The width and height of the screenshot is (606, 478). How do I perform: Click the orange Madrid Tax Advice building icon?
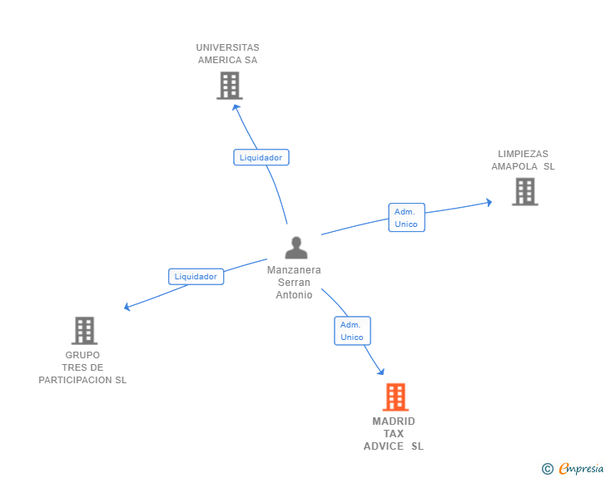(x=395, y=397)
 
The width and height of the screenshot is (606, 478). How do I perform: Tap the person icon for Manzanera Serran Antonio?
(x=296, y=248)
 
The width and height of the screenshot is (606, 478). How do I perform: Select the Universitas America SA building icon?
(x=230, y=86)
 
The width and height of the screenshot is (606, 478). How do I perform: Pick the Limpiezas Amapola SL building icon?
(x=524, y=192)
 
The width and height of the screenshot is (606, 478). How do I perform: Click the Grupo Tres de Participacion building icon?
(x=84, y=331)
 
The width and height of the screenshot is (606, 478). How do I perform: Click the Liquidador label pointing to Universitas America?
(x=261, y=157)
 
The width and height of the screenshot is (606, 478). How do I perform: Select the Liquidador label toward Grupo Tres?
(x=196, y=277)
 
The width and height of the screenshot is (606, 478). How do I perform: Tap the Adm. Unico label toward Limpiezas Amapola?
(x=406, y=217)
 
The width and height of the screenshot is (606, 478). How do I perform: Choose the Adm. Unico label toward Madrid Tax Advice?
(x=352, y=331)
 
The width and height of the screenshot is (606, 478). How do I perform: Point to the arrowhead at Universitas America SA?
(x=236, y=107)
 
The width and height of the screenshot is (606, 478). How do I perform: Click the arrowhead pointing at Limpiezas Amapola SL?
(x=489, y=202)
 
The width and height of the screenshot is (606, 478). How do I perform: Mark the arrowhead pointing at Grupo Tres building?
(x=127, y=307)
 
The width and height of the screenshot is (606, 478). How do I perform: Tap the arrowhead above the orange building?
(x=381, y=372)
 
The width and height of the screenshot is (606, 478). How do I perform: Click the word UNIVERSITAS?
(x=227, y=47)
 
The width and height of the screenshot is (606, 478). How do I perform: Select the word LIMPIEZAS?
(x=523, y=154)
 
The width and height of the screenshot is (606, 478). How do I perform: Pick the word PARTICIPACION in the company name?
(x=76, y=380)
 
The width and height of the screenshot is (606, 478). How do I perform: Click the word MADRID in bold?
(x=394, y=421)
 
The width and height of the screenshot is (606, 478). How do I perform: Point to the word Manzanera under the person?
(x=294, y=270)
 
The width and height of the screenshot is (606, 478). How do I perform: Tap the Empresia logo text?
(x=580, y=469)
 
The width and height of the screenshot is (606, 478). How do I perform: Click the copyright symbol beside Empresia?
(x=547, y=469)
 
